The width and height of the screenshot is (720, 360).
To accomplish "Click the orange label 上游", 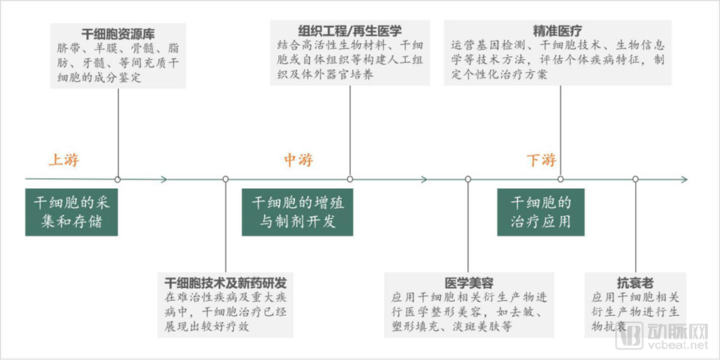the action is pyautogui.click(x=63, y=160).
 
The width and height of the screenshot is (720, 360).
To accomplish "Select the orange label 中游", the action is pyautogui.click(x=299, y=160).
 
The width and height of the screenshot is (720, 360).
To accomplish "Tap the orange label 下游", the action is pyautogui.click(x=541, y=160).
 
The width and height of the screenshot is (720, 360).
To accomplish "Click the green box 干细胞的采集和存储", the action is pyautogui.click(x=71, y=212).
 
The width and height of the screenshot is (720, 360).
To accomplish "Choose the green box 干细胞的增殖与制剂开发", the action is pyautogui.click(x=297, y=212).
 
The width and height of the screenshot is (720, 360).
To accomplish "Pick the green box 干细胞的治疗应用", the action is pyautogui.click(x=541, y=212).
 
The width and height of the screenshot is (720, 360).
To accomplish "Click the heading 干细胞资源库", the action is pyautogui.click(x=118, y=34).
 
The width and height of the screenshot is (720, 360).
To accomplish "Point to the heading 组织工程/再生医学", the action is pyautogui.click(x=350, y=31).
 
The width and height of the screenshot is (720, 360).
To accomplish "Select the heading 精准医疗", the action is pyautogui.click(x=557, y=31).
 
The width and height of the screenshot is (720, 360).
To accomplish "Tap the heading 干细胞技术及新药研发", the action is pyautogui.click(x=225, y=282).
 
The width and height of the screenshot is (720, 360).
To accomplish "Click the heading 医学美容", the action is pyautogui.click(x=469, y=282).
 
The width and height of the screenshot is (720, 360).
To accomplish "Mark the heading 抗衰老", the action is pyautogui.click(x=635, y=282).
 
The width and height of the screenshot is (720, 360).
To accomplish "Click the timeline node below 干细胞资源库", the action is pyautogui.click(x=118, y=179).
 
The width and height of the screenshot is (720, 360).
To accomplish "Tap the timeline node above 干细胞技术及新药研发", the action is pyautogui.click(x=225, y=179).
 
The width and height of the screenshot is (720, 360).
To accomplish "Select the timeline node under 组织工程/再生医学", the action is pyautogui.click(x=350, y=179).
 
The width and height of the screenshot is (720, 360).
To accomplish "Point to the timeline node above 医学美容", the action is pyautogui.click(x=468, y=179).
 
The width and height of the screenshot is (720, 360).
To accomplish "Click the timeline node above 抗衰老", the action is pyautogui.click(x=635, y=179).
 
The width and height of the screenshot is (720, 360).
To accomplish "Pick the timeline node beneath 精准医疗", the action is pyautogui.click(x=560, y=179).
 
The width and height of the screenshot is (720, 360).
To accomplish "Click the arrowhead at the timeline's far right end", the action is pyautogui.click(x=684, y=179).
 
